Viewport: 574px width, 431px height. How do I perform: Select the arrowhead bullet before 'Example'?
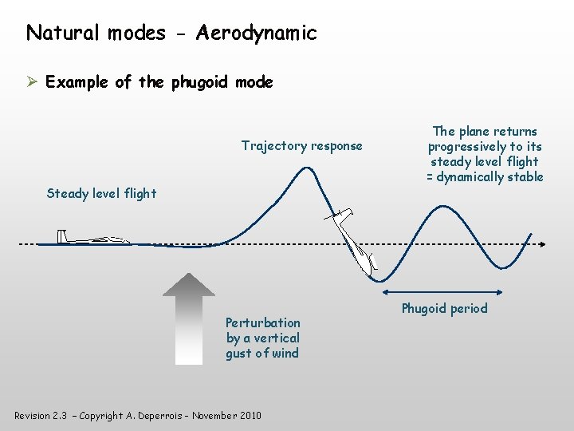tap(32, 82)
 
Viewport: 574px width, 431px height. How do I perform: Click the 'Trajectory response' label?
tap(301, 145)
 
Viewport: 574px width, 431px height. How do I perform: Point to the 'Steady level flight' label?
tap(101, 193)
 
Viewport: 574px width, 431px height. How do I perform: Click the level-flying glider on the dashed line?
tap(94, 239)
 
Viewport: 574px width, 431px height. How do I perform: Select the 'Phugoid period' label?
tap(444, 309)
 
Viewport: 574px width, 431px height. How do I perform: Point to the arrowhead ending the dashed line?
tap(541, 244)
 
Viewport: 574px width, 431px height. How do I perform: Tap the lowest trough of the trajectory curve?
tap(382, 281)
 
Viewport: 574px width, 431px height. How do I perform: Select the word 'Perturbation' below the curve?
tap(263, 322)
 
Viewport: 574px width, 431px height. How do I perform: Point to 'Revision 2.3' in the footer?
tap(41, 416)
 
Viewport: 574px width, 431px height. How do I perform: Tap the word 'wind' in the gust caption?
tap(285, 353)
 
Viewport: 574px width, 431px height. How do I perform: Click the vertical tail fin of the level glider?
tap(61, 236)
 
